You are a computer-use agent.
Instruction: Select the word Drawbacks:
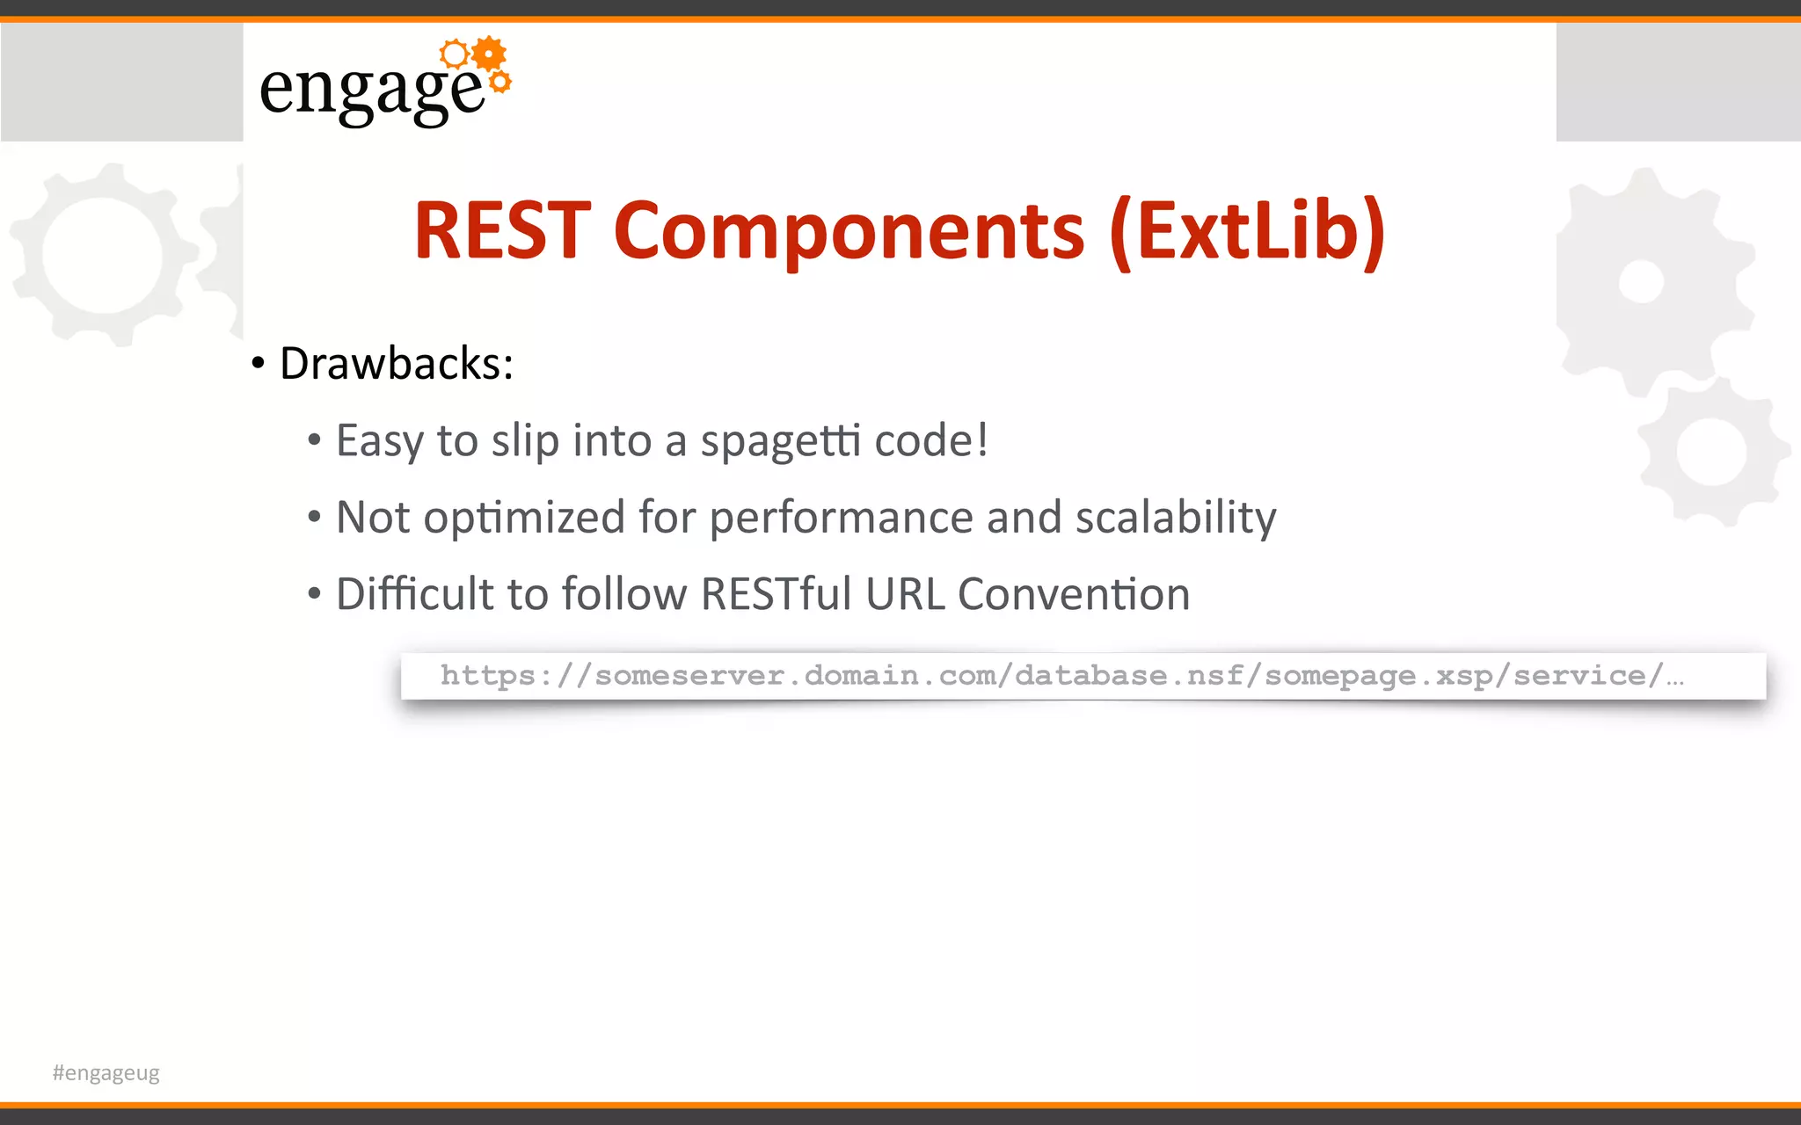click(x=396, y=363)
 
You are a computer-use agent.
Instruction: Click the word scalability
click(x=1176, y=517)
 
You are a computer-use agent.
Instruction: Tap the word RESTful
click(x=777, y=594)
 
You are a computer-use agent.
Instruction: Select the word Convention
click(x=1073, y=594)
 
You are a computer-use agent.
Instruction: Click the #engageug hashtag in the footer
click(x=106, y=1072)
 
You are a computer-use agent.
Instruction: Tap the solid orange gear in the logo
click(x=489, y=54)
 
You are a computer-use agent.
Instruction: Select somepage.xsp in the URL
click(x=1378, y=675)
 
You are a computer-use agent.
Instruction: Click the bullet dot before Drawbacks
click(x=258, y=364)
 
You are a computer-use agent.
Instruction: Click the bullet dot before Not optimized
click(x=314, y=518)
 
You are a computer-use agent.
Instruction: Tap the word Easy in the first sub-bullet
click(x=379, y=440)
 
